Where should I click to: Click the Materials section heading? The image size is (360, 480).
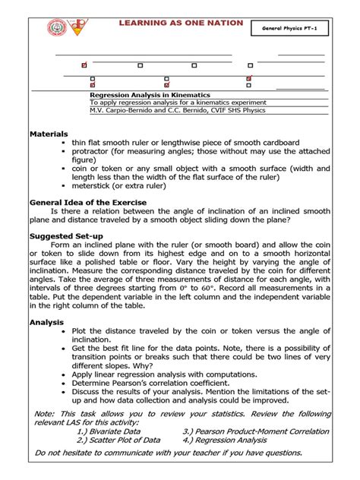49,133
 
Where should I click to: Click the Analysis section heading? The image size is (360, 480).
47,321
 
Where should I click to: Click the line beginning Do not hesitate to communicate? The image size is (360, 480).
164,453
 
